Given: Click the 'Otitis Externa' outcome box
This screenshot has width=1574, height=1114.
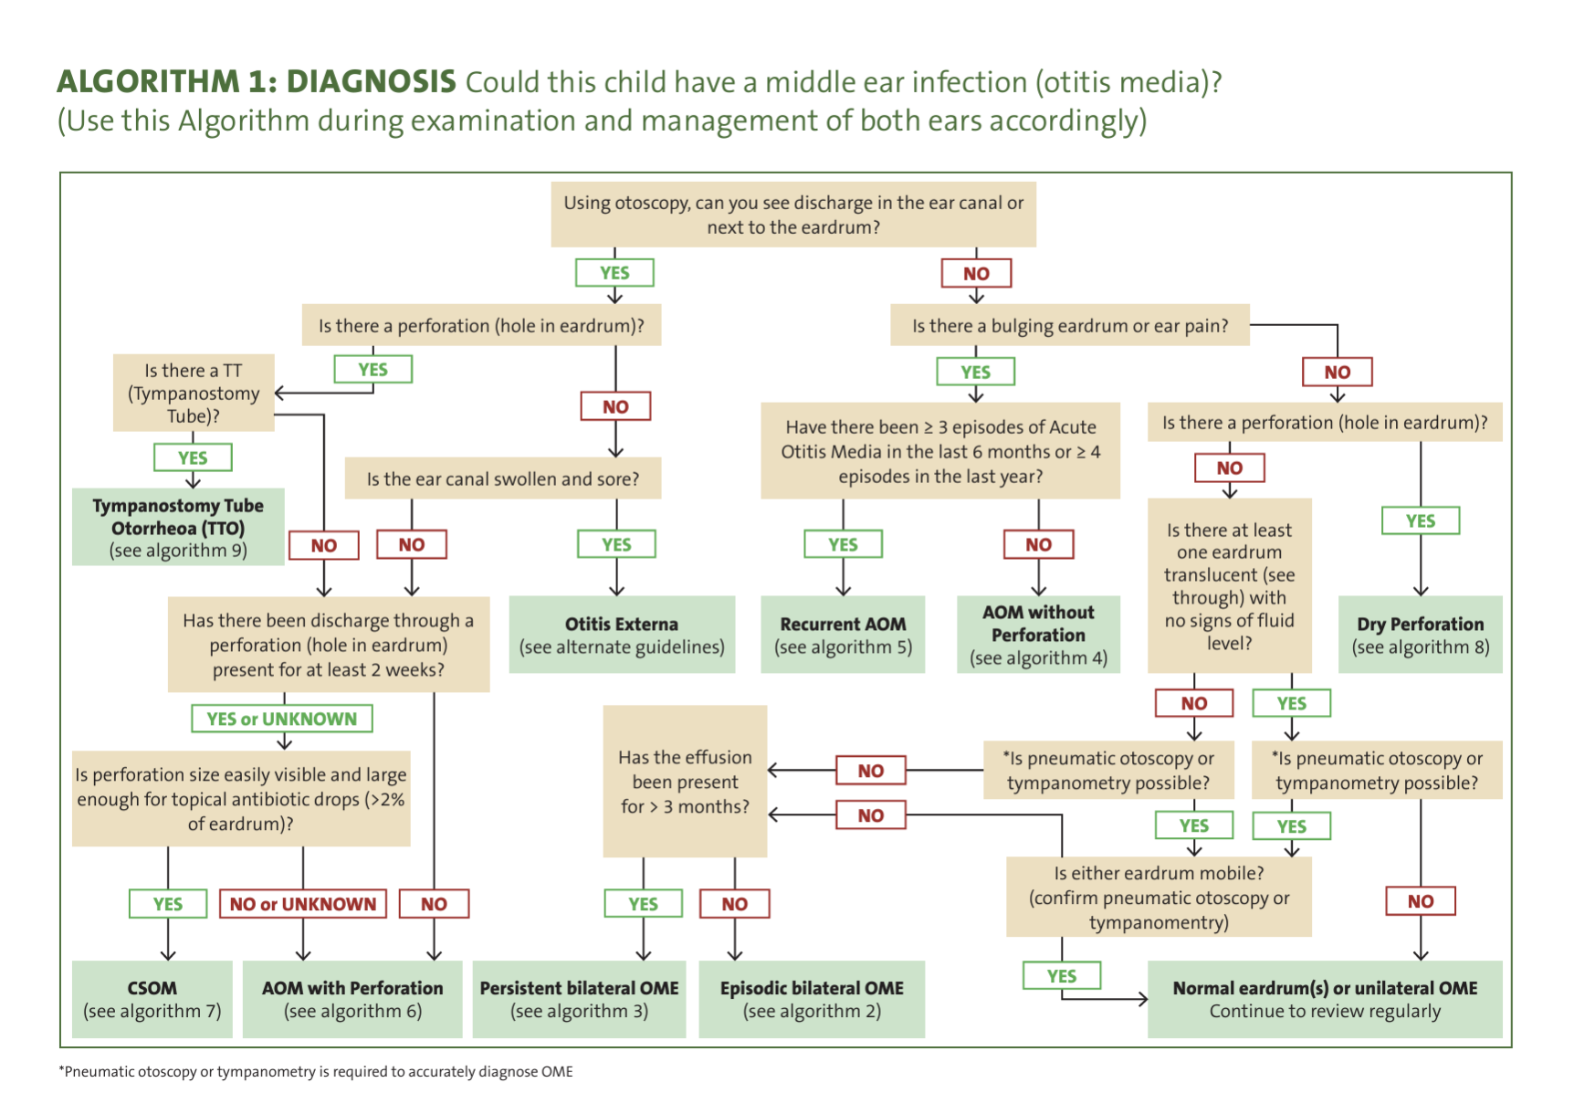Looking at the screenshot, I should click(622, 635).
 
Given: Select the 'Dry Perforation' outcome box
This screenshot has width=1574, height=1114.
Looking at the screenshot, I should click(1420, 635).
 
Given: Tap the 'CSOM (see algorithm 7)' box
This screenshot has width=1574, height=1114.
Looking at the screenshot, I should click(152, 999).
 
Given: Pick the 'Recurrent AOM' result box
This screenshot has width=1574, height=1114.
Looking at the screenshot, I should click(843, 635).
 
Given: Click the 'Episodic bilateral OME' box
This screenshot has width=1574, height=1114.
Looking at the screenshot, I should click(812, 999).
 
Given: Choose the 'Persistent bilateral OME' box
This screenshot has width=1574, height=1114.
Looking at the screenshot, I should click(579, 999).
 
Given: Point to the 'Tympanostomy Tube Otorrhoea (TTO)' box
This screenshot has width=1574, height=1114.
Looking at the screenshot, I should click(178, 528).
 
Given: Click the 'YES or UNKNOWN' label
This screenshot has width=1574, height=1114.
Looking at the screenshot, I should click(282, 719).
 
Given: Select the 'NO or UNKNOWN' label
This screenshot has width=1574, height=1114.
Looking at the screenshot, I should click(303, 904).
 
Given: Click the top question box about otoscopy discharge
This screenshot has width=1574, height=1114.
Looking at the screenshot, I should click(793, 215).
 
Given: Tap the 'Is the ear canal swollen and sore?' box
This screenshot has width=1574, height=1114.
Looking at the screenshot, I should click(503, 478).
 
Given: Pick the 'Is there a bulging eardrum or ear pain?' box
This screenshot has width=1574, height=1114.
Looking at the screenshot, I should click(1070, 326).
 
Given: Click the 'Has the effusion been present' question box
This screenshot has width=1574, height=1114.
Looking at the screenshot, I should click(685, 782).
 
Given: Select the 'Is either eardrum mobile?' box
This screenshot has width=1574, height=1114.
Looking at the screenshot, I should click(1159, 897).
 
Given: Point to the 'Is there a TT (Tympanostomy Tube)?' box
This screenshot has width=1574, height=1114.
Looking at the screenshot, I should click(194, 393).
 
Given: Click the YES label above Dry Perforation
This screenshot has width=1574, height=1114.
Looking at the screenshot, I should click(1421, 520).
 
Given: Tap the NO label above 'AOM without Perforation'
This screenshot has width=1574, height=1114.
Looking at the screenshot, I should click(1038, 544).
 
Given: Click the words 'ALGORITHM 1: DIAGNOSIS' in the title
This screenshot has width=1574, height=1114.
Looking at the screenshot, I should click(257, 81).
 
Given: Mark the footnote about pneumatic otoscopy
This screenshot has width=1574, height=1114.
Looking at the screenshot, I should click(316, 1071).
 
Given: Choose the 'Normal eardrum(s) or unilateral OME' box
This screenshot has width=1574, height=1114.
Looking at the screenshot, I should click(1325, 999).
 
